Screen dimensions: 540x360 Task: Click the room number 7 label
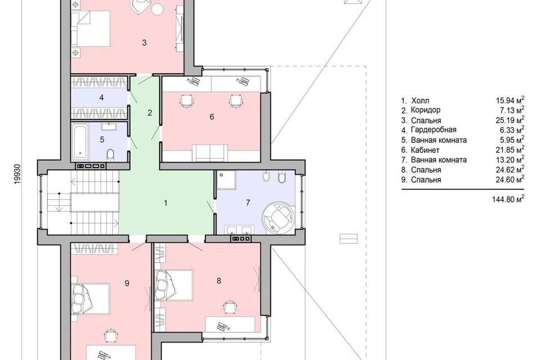(248, 202)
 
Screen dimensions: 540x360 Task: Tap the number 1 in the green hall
(165, 203)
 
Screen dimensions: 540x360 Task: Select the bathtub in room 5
(80, 142)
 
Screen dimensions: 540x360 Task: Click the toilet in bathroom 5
(110, 155)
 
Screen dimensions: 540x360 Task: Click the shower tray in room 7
(226, 179)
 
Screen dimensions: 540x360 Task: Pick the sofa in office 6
(210, 152)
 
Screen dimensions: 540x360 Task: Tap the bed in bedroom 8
(173, 285)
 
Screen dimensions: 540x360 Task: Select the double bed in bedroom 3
(91, 28)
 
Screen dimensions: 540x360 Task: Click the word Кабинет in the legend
(425, 150)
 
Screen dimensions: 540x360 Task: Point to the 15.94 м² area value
(510, 100)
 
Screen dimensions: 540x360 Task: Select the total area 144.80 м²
(508, 199)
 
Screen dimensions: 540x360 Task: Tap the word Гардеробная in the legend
(434, 130)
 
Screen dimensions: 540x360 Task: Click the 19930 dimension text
(17, 174)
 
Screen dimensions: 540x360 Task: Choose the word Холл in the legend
(420, 101)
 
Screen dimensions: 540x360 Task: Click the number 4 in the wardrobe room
(101, 98)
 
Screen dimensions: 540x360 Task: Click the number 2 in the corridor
(150, 112)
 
